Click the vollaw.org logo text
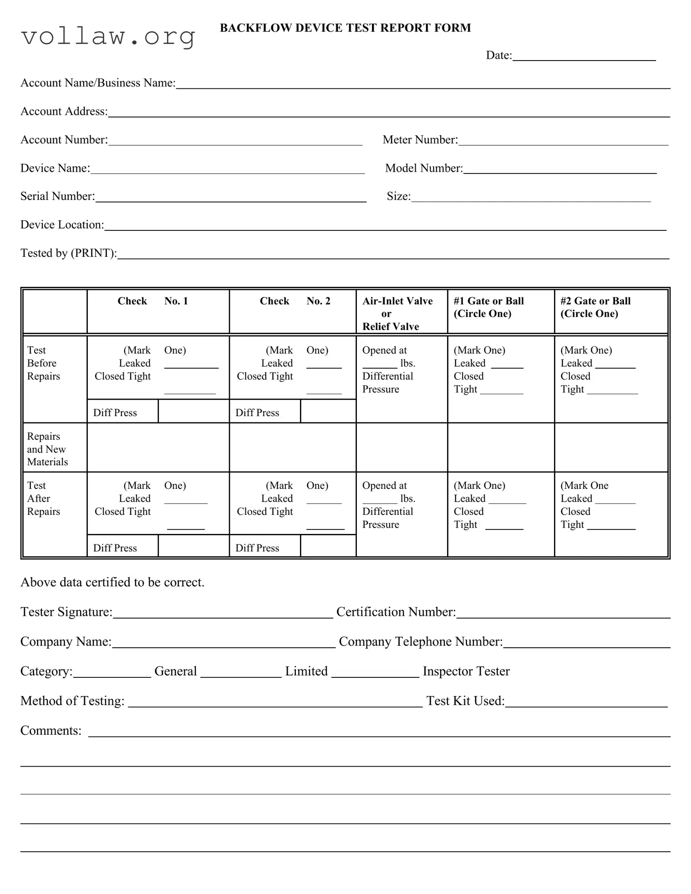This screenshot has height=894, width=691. pyautogui.click(x=108, y=36)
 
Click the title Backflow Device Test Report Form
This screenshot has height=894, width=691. pyautogui.click(x=345, y=28)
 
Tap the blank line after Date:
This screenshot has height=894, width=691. pyautogui.click(x=584, y=56)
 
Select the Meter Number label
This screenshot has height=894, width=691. pyautogui.click(x=420, y=140)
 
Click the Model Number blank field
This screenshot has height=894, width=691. pyautogui.click(x=559, y=169)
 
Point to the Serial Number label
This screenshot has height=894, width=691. pyautogui.click(x=57, y=197)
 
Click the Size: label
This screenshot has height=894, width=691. pyautogui.click(x=398, y=197)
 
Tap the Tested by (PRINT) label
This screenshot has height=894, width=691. pyautogui.click(x=68, y=254)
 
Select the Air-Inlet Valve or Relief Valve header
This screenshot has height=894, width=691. pyautogui.click(x=397, y=314)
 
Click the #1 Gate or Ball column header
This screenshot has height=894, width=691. pyautogui.click(x=488, y=307)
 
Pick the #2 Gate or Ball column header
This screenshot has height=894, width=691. pyautogui.click(x=595, y=307)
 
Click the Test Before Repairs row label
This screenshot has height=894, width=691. pyautogui.click(x=43, y=363)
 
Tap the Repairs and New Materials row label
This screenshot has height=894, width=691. pyautogui.click(x=47, y=449)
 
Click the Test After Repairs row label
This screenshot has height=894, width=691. pyautogui.click(x=43, y=498)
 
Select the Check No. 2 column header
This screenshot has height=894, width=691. pyautogui.click(x=295, y=301)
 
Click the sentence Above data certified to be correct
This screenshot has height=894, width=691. pyautogui.click(x=112, y=583)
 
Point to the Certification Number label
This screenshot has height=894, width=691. pyautogui.click(x=396, y=612)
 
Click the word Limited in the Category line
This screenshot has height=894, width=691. pyautogui.click(x=306, y=671)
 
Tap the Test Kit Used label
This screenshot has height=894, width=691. pyautogui.click(x=465, y=701)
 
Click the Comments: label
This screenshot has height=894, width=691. pyautogui.click(x=51, y=731)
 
